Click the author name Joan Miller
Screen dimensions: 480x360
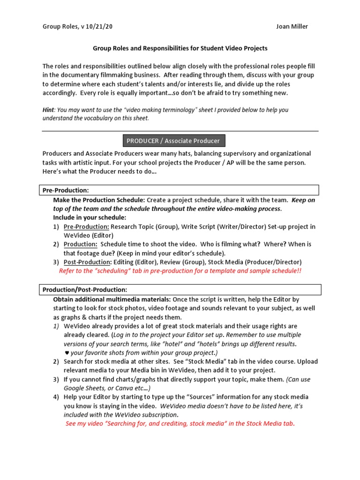point(292,26)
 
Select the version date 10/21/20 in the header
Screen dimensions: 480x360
point(98,26)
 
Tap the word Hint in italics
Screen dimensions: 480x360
point(48,110)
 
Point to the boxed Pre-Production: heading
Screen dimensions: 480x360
point(65,190)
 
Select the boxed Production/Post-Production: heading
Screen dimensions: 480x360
point(84,290)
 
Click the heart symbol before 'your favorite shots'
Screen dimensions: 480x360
point(66,352)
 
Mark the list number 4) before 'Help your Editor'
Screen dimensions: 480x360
point(56,397)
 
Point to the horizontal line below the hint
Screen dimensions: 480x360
point(180,131)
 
